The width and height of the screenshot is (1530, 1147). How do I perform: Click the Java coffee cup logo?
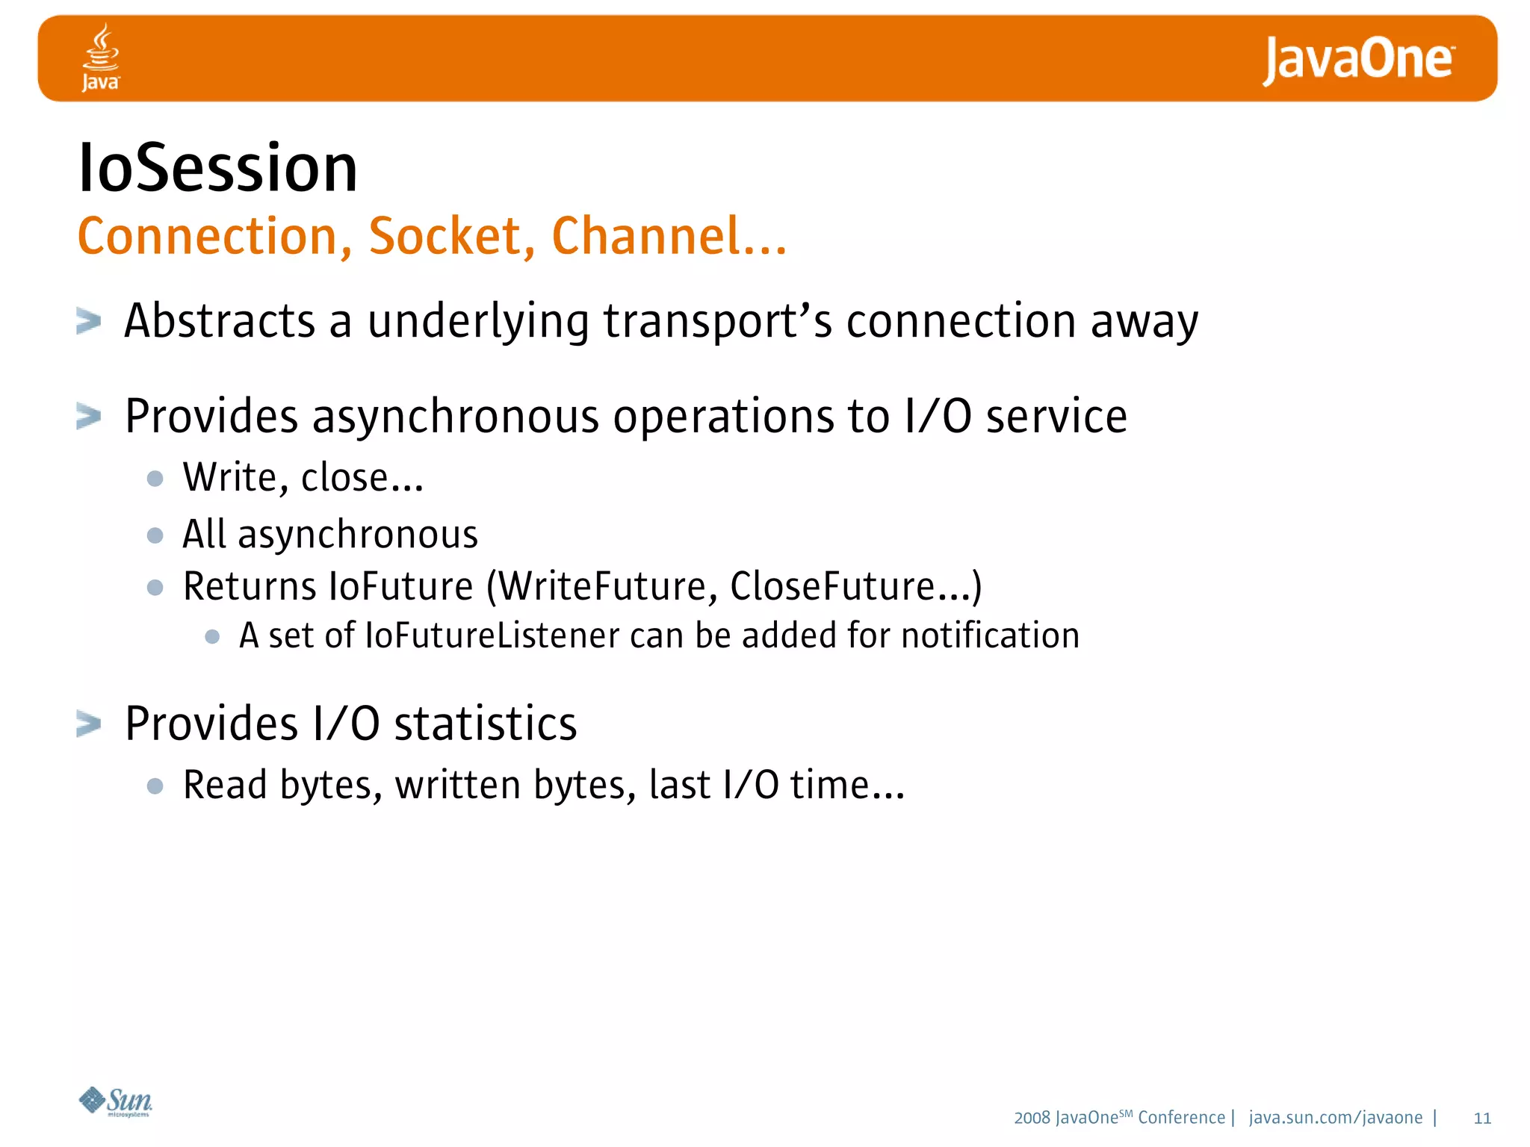[x=100, y=57]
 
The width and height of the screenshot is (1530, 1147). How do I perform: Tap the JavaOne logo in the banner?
[x=1358, y=60]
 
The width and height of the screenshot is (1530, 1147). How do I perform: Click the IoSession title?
[x=217, y=169]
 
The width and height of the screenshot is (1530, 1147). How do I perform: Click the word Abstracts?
[x=220, y=321]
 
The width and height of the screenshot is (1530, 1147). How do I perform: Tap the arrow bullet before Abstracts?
[x=88, y=322]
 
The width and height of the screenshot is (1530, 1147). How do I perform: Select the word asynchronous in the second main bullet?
[x=455, y=417]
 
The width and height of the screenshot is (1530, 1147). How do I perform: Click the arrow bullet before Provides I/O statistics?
[x=88, y=724]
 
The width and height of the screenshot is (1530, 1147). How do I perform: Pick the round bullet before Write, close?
[x=155, y=479]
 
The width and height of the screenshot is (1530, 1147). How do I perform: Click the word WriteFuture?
[x=600, y=586]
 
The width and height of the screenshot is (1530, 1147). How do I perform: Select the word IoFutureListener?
[x=492, y=636]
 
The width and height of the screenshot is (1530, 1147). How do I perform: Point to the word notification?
[x=990, y=636]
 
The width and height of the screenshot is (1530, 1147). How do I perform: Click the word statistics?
[x=486, y=724]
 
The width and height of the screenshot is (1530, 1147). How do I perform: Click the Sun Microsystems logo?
[x=116, y=1101]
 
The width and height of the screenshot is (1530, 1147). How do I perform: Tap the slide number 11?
[x=1482, y=1119]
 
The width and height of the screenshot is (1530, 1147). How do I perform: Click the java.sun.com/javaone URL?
[x=1335, y=1118]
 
